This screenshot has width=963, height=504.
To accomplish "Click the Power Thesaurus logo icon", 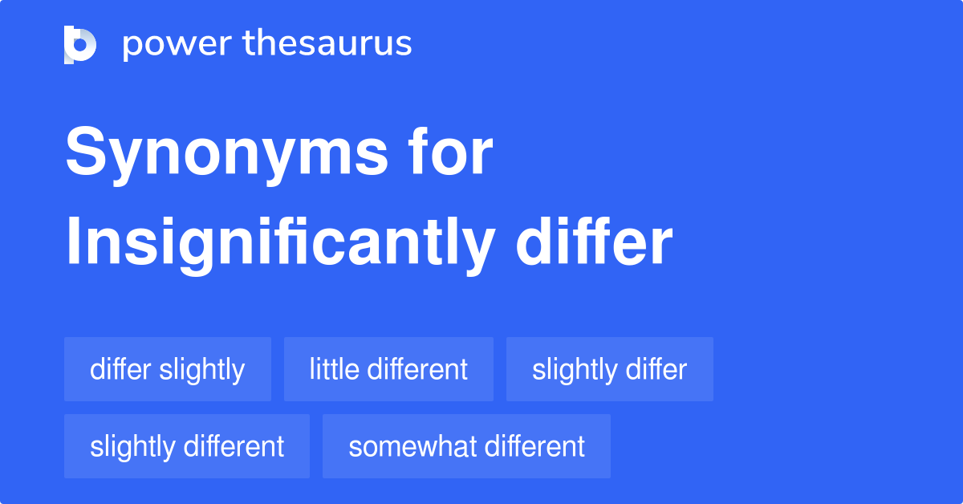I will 80,44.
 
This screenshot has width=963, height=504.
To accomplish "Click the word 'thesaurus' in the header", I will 327,44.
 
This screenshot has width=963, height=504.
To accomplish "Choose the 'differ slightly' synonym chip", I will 168,369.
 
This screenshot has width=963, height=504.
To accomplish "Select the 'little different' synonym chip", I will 388,369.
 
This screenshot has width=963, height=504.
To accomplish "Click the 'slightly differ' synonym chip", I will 609,369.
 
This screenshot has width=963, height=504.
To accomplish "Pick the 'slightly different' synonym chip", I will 187,446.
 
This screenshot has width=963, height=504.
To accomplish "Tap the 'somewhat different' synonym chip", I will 466,446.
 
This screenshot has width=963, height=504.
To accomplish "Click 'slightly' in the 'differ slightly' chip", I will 201,370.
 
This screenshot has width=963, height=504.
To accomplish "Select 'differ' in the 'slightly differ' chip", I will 659,369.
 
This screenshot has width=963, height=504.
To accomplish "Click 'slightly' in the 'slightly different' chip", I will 132,447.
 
